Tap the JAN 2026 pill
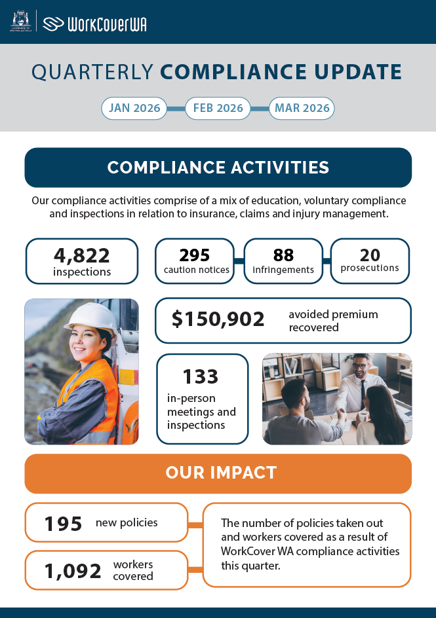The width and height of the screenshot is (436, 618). click(134, 108)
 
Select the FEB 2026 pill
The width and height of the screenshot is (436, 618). click(218, 108)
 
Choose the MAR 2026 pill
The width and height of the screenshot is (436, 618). click(302, 108)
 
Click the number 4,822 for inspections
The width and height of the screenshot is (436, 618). click(82, 255)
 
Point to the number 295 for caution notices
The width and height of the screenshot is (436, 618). click(194, 255)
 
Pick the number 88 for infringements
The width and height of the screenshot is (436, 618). click(283, 255)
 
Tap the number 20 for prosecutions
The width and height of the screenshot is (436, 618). click(370, 254)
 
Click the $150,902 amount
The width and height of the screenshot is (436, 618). click(218, 319)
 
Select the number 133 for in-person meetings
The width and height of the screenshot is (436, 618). click(201, 376)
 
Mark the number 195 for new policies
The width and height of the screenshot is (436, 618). click(64, 523)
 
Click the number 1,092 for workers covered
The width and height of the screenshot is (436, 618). click(73, 571)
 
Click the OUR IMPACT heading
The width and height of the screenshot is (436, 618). click(218, 473)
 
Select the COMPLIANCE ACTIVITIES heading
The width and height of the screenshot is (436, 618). click(218, 168)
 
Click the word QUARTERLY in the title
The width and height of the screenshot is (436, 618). click(92, 72)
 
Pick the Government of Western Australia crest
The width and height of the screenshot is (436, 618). click(20, 21)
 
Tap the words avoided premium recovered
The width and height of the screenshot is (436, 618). click(333, 321)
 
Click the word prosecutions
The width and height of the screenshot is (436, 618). click(370, 268)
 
